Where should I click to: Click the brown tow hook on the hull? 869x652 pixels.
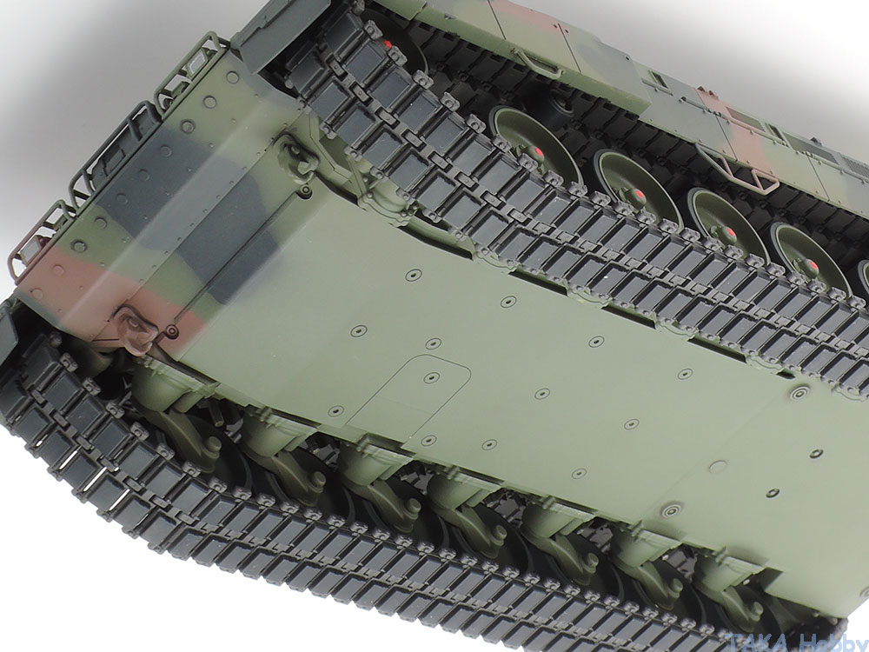[x=134, y=330]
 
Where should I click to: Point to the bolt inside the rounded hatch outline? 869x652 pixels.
[x=432, y=378]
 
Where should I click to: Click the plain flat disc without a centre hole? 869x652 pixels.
[x=719, y=467]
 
